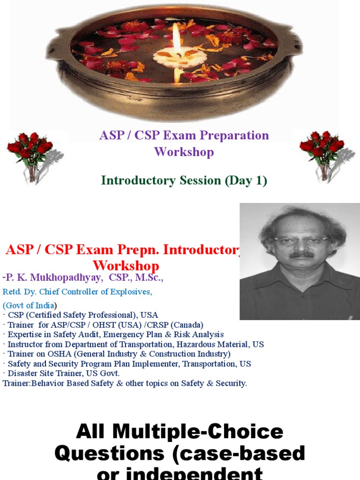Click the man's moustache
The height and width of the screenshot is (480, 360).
click(x=301, y=255)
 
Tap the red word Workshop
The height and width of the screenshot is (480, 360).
click(x=126, y=265)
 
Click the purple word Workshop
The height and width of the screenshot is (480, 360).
click(x=184, y=152)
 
